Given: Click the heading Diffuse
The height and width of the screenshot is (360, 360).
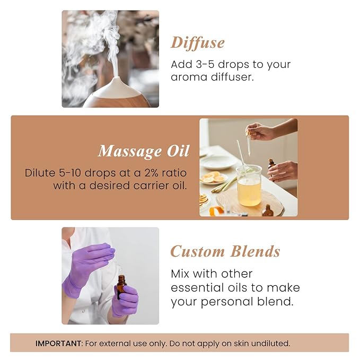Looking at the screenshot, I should click(x=197, y=42).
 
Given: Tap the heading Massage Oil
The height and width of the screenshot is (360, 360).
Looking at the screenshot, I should click(x=143, y=151).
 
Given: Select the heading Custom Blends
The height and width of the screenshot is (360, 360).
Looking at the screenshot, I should click(x=225, y=251).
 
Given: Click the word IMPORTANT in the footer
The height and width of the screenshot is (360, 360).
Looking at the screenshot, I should click(x=59, y=343).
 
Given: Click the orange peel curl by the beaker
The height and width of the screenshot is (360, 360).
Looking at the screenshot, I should click(x=216, y=210).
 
